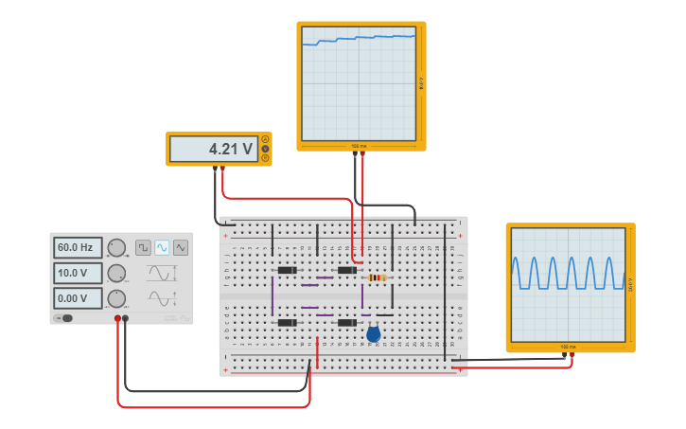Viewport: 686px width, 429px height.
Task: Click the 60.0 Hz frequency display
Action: coord(76,248)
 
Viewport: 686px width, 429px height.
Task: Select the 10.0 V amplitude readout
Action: coord(76,274)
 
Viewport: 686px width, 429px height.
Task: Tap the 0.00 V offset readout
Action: coord(76,298)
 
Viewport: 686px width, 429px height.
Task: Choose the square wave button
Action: coord(143,247)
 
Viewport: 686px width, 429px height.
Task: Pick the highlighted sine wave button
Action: coord(162,247)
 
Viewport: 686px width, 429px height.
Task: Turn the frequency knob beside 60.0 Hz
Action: coord(116,248)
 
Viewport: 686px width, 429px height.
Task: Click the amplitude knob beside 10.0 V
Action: coord(116,274)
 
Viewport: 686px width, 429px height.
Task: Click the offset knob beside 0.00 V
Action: coord(116,298)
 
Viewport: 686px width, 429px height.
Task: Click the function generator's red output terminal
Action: coord(118,318)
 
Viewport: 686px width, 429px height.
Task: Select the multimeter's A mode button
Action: coord(266,139)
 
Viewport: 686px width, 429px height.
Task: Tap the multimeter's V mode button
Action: coord(266,149)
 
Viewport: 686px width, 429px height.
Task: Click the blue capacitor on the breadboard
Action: coord(374,333)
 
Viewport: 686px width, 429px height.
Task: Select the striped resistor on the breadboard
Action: coord(377,277)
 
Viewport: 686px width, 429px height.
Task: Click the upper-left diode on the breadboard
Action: coord(287,270)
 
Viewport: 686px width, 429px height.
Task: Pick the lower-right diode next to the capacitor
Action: coord(346,323)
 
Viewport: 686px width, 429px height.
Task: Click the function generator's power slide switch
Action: coord(65,318)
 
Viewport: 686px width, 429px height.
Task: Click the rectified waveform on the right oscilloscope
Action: coord(568,273)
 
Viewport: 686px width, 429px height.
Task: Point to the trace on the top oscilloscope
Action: coord(360,39)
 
